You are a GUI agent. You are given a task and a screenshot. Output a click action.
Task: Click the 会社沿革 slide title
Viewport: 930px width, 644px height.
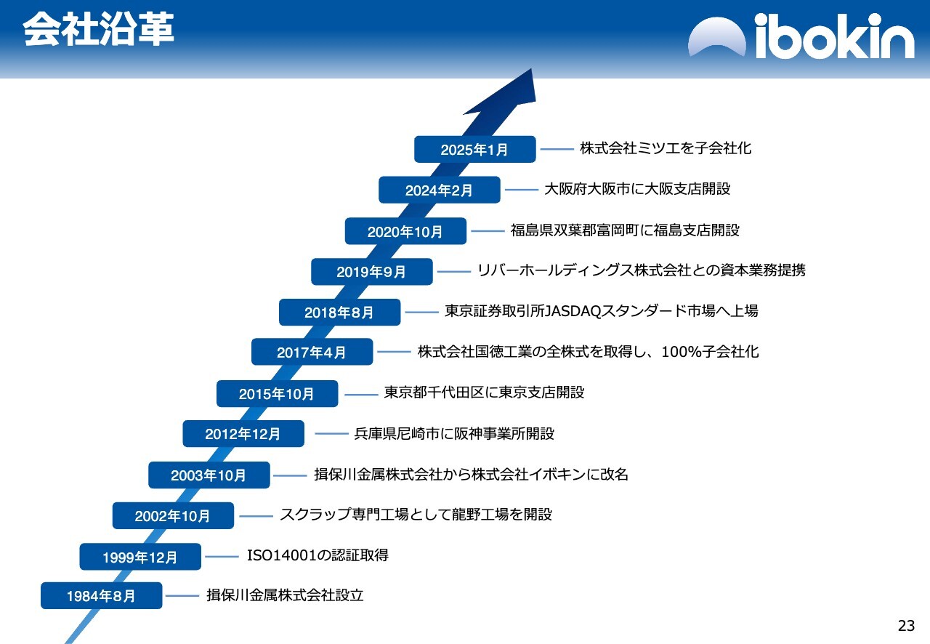[98, 28]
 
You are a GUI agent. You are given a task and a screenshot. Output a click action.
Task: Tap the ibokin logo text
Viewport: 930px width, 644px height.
[835, 36]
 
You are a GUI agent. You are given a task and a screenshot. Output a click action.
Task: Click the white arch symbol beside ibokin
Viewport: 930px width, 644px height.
[717, 36]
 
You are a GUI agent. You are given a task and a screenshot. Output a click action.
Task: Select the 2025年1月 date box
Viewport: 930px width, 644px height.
[475, 149]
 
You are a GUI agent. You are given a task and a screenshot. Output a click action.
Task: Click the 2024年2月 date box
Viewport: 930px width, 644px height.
[440, 190]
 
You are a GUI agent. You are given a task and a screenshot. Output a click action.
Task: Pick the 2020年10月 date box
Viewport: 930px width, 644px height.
[405, 231]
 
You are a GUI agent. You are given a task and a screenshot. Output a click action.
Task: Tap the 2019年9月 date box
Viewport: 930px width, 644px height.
[371, 272]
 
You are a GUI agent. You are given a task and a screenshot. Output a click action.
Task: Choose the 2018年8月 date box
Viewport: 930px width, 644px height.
[339, 312]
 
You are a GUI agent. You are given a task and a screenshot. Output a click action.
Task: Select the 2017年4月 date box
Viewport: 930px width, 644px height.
[312, 352]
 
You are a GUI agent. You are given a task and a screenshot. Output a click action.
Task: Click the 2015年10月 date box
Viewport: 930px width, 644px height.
[277, 393]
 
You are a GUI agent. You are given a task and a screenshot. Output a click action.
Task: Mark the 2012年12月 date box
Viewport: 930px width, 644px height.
[243, 434]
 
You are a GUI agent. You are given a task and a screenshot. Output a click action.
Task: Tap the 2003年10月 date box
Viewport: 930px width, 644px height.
[209, 475]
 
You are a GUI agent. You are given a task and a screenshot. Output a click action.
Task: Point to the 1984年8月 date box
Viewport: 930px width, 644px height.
[101, 596]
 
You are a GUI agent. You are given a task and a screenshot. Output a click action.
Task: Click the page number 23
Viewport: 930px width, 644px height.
[906, 626]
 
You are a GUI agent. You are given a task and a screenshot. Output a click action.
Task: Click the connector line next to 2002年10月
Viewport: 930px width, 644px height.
[256, 516]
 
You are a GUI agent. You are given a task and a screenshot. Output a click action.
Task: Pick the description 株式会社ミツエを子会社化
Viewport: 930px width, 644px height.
[666, 148]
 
